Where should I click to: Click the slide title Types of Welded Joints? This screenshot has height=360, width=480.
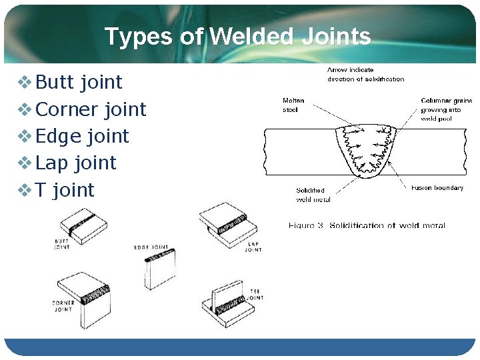tap(237, 36)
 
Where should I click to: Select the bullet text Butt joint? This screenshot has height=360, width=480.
tap(79, 82)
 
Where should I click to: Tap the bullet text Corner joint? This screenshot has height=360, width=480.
tap(91, 109)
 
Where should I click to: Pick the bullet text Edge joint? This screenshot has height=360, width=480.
tap(82, 136)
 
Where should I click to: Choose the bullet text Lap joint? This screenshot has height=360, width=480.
tap(76, 163)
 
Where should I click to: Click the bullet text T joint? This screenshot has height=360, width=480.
tap(65, 190)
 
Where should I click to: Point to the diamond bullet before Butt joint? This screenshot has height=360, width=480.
tap(24, 83)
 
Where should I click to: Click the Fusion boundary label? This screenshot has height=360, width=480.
tap(437, 188)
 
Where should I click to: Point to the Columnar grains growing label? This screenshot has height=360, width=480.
tap(446, 109)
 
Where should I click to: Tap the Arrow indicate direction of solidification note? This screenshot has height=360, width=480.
tap(365, 74)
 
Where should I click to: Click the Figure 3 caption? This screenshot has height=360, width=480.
tap(367, 225)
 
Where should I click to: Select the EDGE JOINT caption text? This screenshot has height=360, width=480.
tap(151, 247)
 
